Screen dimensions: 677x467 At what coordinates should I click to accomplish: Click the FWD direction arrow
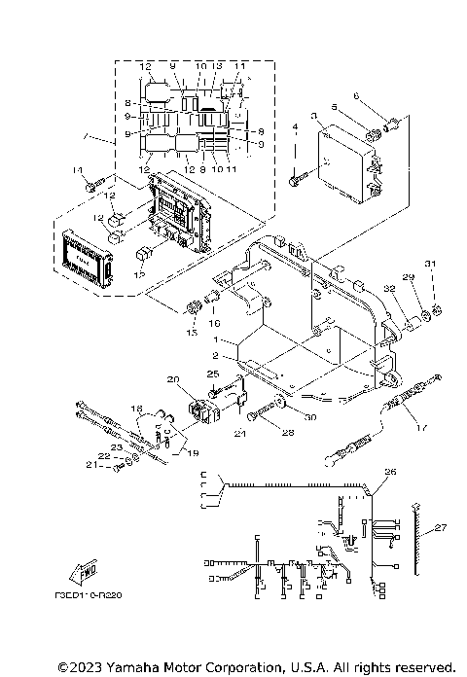click(86, 573)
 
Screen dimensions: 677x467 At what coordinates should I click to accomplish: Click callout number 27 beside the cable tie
click(441, 528)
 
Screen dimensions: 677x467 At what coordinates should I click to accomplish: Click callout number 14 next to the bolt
click(73, 170)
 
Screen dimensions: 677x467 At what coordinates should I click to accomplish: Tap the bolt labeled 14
click(94, 182)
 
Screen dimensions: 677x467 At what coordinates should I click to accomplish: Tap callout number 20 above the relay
click(173, 378)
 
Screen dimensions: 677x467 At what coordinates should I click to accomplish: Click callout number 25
click(213, 374)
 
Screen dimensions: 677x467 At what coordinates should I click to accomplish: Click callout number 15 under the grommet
click(190, 333)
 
